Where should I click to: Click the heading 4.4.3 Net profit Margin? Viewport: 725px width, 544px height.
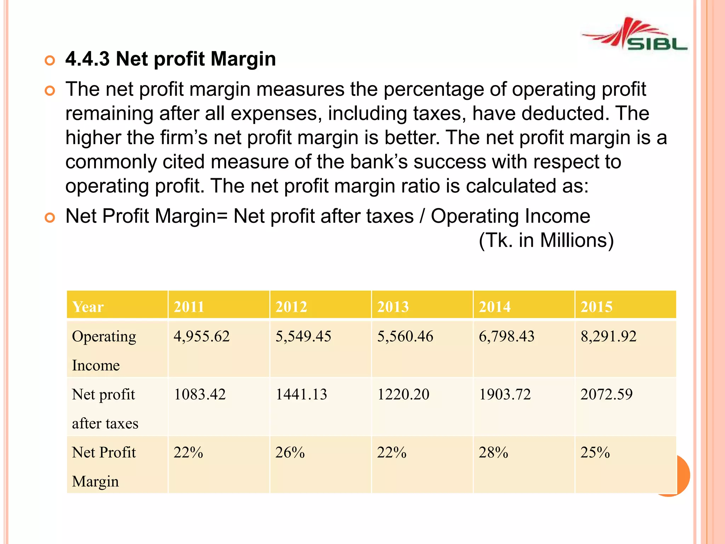(170, 59)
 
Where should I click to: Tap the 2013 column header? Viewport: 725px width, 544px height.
(393, 307)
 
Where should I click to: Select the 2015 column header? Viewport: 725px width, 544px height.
(596, 307)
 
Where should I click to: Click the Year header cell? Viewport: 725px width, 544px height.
(88, 307)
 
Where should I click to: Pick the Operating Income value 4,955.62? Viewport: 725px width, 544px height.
(201, 336)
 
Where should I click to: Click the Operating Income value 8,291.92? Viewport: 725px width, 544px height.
(608, 336)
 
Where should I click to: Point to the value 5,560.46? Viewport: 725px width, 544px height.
(405, 336)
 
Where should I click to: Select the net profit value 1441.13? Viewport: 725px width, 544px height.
(301, 394)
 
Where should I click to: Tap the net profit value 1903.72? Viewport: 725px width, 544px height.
(505, 394)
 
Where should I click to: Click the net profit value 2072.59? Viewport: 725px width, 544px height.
(606, 394)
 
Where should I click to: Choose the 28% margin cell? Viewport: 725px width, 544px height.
(493, 453)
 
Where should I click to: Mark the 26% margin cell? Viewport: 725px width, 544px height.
(290, 453)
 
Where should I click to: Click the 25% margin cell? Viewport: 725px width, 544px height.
(595, 453)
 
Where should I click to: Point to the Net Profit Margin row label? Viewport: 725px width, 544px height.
(103, 467)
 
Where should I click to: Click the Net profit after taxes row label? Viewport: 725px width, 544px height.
(105, 409)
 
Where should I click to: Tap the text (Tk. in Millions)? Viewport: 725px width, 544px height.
(546, 240)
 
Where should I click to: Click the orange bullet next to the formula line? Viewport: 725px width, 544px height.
(50, 217)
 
